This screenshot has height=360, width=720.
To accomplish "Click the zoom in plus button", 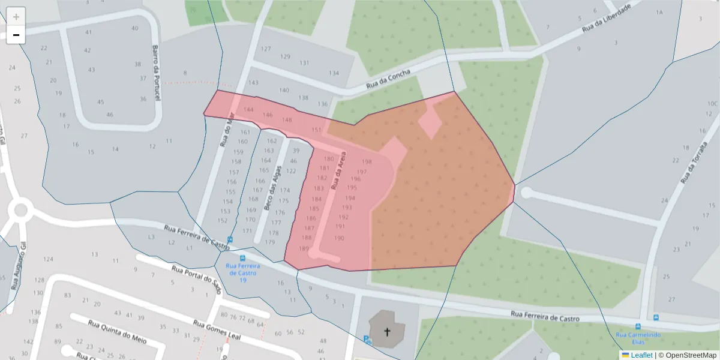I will click(16, 17).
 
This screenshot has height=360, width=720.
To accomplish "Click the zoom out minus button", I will click(16, 35).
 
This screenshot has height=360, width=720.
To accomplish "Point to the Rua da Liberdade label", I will click(607, 19).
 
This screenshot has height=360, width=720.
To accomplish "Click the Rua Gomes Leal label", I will click(217, 330).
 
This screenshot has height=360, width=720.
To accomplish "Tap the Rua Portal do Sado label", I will click(196, 279).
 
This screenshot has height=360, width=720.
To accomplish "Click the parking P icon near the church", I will click(367, 340).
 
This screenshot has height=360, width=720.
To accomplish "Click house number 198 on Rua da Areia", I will click(367, 161).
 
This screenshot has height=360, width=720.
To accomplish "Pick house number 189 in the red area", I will click(304, 248).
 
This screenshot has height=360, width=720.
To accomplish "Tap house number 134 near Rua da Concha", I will click(334, 73).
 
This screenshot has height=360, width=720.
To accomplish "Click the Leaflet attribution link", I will click(641, 355).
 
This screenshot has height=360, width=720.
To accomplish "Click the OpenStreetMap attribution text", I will click(690, 355).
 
